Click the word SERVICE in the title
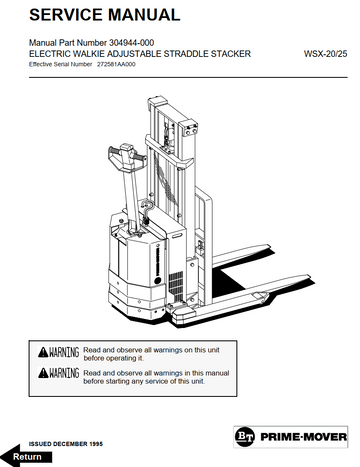66,15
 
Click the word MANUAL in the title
144,15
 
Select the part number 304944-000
131,43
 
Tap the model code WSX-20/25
325,54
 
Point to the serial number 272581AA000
116,64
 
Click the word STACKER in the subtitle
231,54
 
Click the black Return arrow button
26,456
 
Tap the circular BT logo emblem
245,437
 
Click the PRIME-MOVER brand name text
303,437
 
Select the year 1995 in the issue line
96,444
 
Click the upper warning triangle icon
43,352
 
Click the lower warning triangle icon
43,373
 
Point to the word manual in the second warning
218,373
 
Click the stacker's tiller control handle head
127,155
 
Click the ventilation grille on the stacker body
176,285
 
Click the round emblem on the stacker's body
158,280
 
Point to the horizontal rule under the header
188,78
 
